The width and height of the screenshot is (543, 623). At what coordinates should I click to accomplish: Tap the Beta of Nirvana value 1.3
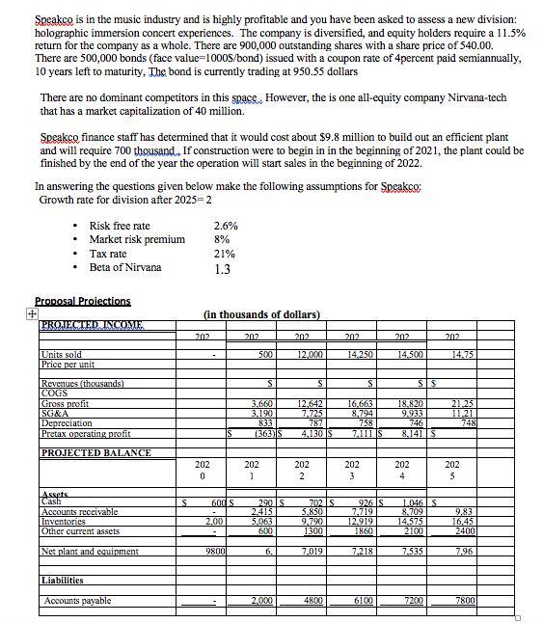click(x=221, y=269)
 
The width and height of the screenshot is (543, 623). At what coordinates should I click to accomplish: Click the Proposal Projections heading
click(x=81, y=301)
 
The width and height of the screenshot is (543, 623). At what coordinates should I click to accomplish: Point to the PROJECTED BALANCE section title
click(x=83, y=452)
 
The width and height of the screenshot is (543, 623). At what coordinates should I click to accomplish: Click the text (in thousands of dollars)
click(x=262, y=314)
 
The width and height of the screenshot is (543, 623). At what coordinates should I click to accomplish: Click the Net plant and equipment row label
click(x=93, y=551)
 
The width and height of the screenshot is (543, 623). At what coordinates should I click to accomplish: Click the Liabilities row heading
click(x=62, y=581)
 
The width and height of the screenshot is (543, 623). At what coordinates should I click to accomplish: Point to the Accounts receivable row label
click(x=80, y=512)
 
